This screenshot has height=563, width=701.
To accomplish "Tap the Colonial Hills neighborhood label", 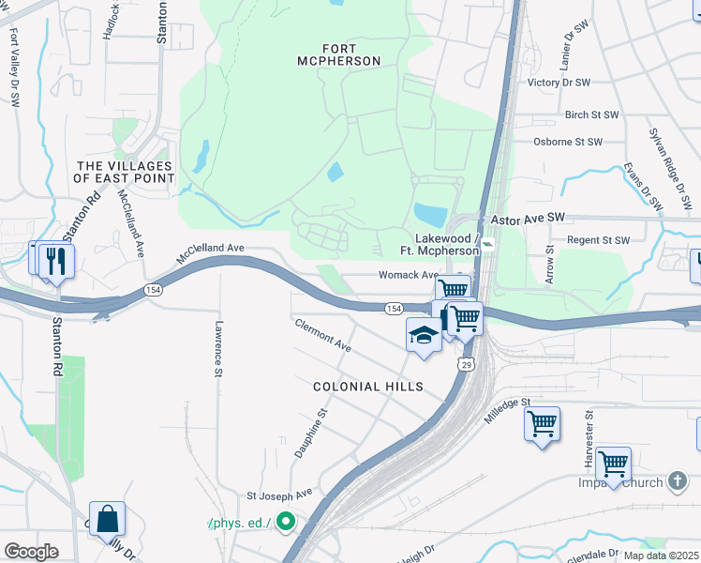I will click(x=368, y=387).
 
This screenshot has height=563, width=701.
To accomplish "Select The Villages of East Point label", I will click(x=125, y=172).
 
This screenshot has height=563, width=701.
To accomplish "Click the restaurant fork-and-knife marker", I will click(x=56, y=261).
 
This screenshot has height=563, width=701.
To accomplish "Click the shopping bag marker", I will click(x=107, y=519).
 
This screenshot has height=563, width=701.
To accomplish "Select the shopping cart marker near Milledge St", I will click(x=542, y=424).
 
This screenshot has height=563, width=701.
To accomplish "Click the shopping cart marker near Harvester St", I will click(x=613, y=464).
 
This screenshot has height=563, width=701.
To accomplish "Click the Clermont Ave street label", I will click(x=322, y=335).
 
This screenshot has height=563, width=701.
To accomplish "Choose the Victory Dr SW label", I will click(x=559, y=83).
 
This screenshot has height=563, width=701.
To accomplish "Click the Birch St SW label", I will click(x=591, y=115).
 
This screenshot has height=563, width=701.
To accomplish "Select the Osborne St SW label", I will click(x=566, y=142).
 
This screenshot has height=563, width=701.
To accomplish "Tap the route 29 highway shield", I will click(x=465, y=363).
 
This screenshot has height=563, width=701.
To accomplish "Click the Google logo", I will click(x=31, y=552).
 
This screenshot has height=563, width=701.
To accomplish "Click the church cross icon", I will click(x=679, y=482).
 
